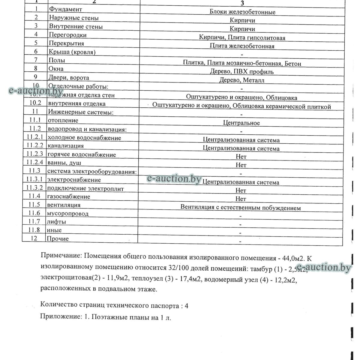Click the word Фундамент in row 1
[x=65, y=9]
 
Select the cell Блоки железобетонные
[x=242, y=12]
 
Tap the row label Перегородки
[x=67, y=35]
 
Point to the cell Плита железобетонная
[x=242, y=46]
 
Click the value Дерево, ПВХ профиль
[x=242, y=72]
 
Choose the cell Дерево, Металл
[x=242, y=80]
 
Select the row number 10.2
[x=36, y=103]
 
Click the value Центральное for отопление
[x=241, y=123]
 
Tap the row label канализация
[x=66, y=146]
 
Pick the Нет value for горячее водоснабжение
[x=241, y=157]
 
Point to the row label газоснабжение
[x=68, y=197]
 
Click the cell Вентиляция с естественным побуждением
[x=241, y=208]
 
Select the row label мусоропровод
[x=67, y=214]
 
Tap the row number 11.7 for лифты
[x=34, y=222]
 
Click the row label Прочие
[x=58, y=239]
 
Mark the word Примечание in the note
[x=61, y=257]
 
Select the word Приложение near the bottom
[x=59, y=317]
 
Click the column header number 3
[x=242, y=3]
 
